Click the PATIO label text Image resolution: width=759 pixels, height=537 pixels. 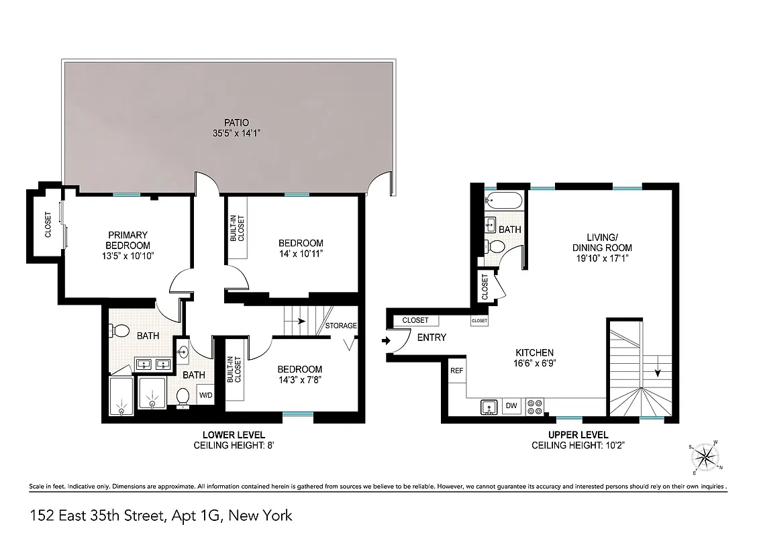tap(236, 123)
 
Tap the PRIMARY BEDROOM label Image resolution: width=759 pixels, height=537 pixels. tap(128, 240)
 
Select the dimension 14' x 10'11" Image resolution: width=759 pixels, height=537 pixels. tap(301, 253)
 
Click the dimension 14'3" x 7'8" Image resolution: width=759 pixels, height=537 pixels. tap(300, 379)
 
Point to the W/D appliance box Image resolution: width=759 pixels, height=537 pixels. tap(205, 395)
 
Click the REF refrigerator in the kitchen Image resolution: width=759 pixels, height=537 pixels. tap(456, 371)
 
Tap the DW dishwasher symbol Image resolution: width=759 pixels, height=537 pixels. tap(511, 405)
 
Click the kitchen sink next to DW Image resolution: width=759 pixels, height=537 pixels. tap(489, 406)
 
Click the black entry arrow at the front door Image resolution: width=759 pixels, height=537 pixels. tap(385, 340)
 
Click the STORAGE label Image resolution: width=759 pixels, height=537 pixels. tap(341, 326)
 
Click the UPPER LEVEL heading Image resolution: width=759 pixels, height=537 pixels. tap(568, 435)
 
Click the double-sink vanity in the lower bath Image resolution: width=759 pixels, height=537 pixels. tap(152, 364)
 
